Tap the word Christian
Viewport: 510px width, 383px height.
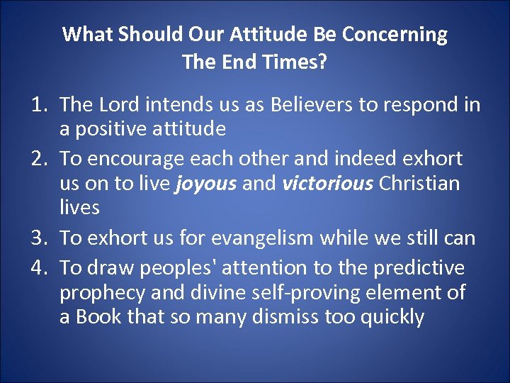[419, 184]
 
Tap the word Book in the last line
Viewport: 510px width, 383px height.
[98, 316]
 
